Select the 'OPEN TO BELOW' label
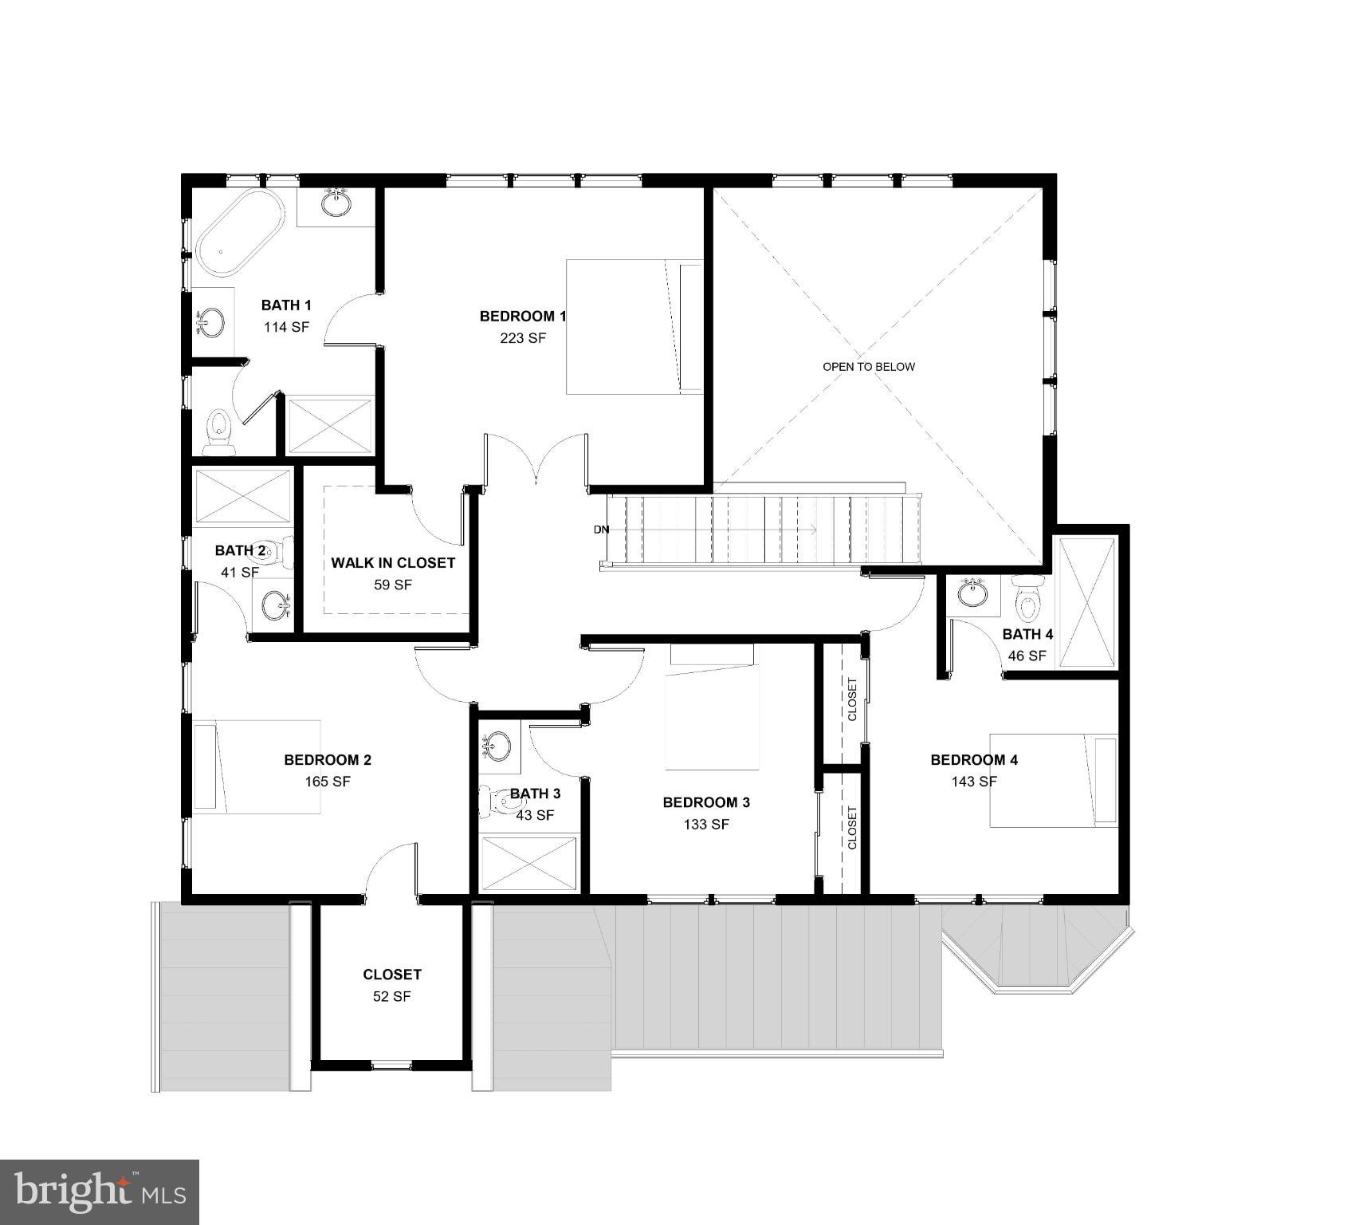click(x=869, y=367)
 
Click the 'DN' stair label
click(x=601, y=530)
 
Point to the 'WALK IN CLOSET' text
click(x=393, y=563)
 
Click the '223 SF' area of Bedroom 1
click(x=523, y=338)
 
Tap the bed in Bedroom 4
click(x=1053, y=781)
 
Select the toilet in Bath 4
click(x=1028, y=599)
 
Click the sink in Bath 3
click(x=498, y=746)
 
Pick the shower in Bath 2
click(x=243, y=497)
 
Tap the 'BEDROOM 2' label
click(x=328, y=760)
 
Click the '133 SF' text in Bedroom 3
click(x=706, y=825)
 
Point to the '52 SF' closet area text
click(x=391, y=997)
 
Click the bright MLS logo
click(x=100, y=1192)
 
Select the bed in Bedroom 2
click(x=257, y=767)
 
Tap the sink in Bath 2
click(x=275, y=604)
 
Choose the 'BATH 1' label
click(x=286, y=305)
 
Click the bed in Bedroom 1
click(x=634, y=326)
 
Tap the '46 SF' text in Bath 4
click(x=1027, y=656)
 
